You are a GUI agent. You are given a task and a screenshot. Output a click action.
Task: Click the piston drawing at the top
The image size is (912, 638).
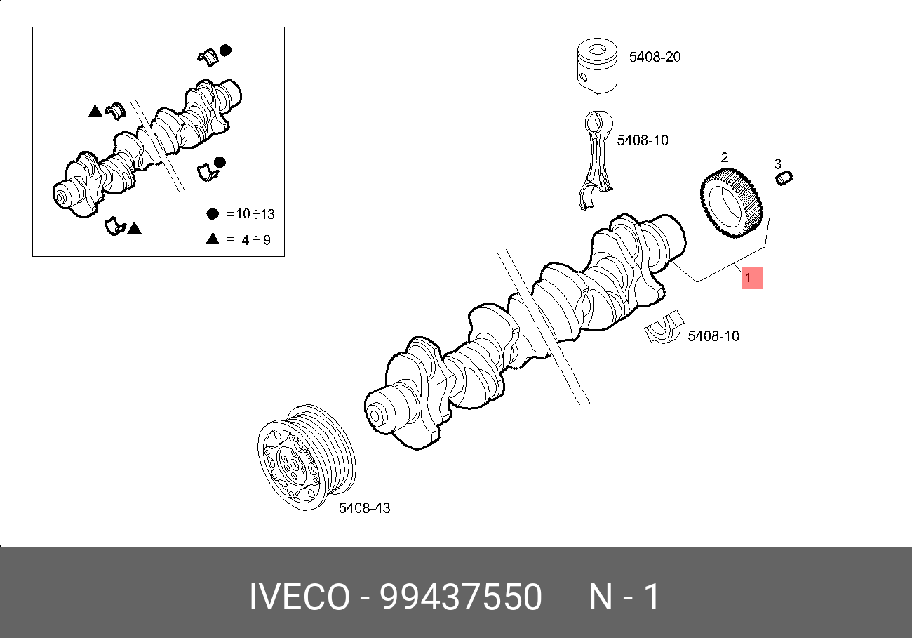click(x=597, y=66)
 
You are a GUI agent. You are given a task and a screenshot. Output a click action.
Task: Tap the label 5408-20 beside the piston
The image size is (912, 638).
click(x=655, y=57)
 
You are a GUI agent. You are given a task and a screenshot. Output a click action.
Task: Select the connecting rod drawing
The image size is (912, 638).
click(x=596, y=160)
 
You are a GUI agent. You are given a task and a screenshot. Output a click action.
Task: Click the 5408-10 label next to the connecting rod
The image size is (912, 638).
click(x=643, y=140)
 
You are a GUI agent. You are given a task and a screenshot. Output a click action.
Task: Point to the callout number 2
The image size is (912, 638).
click(x=724, y=157)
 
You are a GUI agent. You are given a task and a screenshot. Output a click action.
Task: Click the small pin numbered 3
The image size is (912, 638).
click(x=784, y=178)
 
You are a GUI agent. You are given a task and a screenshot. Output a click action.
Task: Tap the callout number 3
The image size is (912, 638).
click(x=777, y=164)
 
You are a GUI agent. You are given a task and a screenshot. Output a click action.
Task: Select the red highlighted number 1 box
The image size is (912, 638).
click(x=752, y=278)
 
